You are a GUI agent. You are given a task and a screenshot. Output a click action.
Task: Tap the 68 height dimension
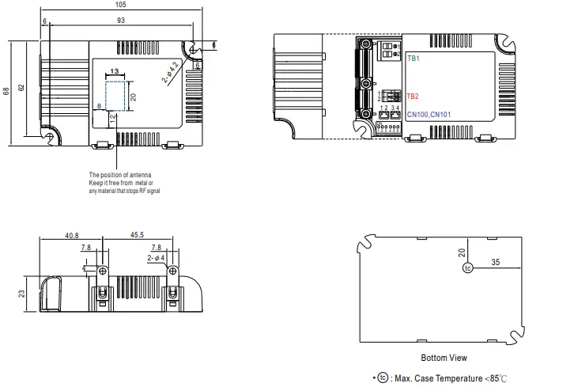click(x=6, y=92)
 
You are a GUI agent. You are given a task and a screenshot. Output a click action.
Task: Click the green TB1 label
click(x=414, y=59)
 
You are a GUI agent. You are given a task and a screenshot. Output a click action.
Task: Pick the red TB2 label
click(x=414, y=97)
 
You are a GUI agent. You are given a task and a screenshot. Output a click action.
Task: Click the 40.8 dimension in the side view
click(x=72, y=235)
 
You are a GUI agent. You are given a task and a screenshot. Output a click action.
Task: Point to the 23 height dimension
click(x=21, y=293)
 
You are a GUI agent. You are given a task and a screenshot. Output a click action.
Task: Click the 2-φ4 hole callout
click(x=156, y=257)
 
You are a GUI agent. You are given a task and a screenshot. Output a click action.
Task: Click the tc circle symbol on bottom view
click(x=467, y=268)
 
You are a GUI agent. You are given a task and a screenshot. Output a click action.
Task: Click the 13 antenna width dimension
click(x=115, y=71)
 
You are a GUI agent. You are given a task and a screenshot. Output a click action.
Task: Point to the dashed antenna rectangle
click(x=117, y=96)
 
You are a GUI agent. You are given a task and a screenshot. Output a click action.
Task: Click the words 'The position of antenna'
click(x=119, y=174)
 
